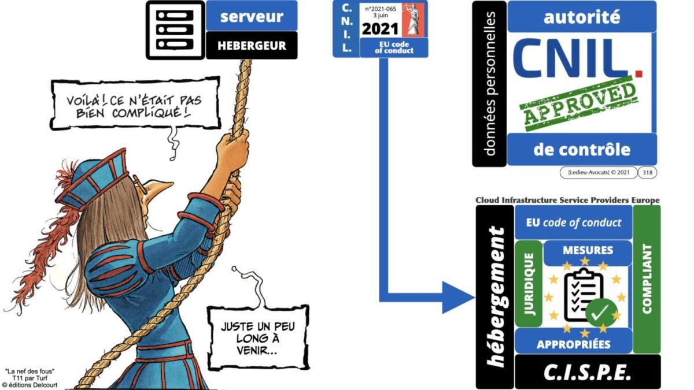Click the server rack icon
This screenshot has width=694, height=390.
pos(175,30)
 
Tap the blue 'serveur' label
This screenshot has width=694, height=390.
pos(252,16)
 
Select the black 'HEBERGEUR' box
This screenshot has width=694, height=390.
pos(252,46)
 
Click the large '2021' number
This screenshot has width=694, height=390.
pos(380,29)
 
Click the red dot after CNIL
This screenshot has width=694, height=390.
pos(639,73)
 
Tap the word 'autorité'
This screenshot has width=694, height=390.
pos(582,17)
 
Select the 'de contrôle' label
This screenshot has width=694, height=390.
pos(582,150)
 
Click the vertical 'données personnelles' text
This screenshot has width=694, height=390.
pos(489,84)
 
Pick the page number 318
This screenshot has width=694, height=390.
pos(647,172)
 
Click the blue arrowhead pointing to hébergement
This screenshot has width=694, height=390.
pos(458,298)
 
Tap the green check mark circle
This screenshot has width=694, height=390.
pos(601,312)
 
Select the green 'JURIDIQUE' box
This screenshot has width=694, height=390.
pos(529,284)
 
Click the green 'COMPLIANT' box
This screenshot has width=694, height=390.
pos(647,279)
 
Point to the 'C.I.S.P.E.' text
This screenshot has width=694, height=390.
pos(587,372)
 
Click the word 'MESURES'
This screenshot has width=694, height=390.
pos(588,250)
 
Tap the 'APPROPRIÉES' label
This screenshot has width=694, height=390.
pos(574,344)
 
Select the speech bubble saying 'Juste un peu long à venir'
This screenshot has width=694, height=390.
pos(258,337)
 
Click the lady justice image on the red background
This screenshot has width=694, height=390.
pos(413,20)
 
